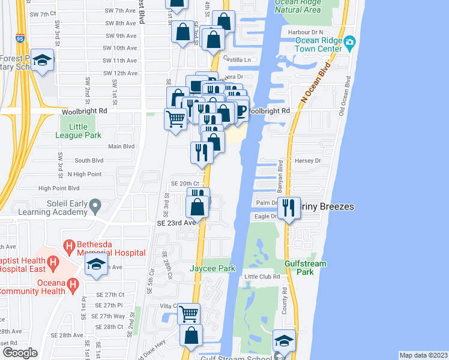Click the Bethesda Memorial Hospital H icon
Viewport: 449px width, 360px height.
coord(69,246)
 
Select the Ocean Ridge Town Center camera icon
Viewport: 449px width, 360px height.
coord(350,41)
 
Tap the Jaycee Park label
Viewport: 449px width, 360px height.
coord(212,268)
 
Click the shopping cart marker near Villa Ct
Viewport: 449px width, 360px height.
coord(189,313)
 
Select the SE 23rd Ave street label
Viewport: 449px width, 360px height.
coord(176,222)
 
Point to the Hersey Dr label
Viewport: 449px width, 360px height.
coord(309,161)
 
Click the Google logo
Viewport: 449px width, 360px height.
coord(20,353)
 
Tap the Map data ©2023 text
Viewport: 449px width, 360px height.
coord(423,355)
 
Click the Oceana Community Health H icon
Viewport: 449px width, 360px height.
coord(73,283)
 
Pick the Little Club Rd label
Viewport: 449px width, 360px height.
coord(262,277)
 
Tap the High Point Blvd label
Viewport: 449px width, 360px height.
coord(58,188)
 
